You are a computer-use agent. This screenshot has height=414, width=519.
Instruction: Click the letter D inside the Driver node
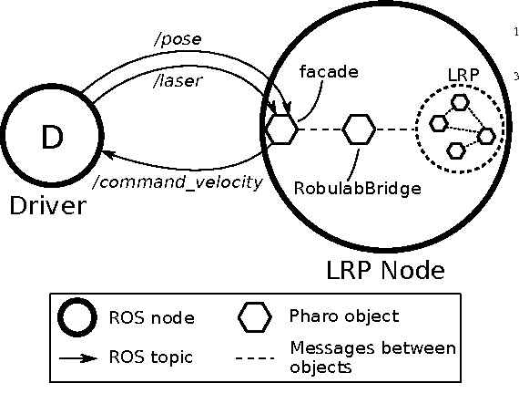pos(51,139)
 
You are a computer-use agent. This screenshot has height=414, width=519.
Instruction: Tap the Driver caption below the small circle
pos(47,205)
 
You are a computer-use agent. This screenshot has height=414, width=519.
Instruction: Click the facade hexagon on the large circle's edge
pos(281,129)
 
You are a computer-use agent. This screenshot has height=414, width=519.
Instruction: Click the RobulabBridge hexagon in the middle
pos(359,129)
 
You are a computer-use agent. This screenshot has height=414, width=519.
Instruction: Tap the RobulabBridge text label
pos(357,188)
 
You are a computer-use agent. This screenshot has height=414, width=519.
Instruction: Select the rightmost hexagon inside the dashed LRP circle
pos(486,136)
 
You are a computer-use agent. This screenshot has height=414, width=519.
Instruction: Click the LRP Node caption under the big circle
pos(384,270)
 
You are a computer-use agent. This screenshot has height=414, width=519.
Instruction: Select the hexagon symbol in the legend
pos(254,317)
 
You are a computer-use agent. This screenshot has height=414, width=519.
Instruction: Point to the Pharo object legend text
pos(344,316)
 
